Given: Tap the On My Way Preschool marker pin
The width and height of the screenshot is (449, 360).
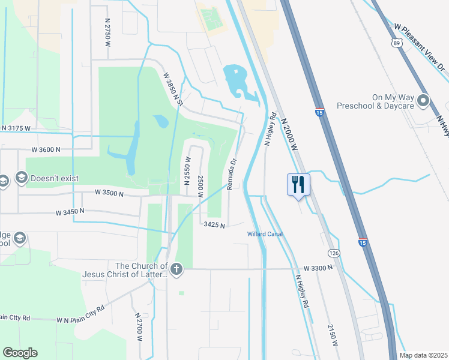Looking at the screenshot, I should click(x=424, y=101).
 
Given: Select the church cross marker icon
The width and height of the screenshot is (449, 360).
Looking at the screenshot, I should click(x=176, y=269).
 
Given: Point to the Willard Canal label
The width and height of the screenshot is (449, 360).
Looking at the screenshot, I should click(x=265, y=234).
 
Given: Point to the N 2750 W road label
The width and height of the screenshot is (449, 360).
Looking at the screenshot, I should click(x=107, y=28).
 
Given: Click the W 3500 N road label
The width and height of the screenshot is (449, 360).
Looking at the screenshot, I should click(x=109, y=194).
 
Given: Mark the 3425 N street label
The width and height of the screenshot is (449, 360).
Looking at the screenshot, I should click(x=214, y=225).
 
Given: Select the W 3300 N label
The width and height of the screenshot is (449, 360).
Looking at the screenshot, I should click(x=318, y=268).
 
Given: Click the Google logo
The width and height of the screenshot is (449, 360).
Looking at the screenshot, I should click(x=20, y=353).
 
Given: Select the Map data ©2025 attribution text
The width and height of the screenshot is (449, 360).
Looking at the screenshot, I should click(x=424, y=355).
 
